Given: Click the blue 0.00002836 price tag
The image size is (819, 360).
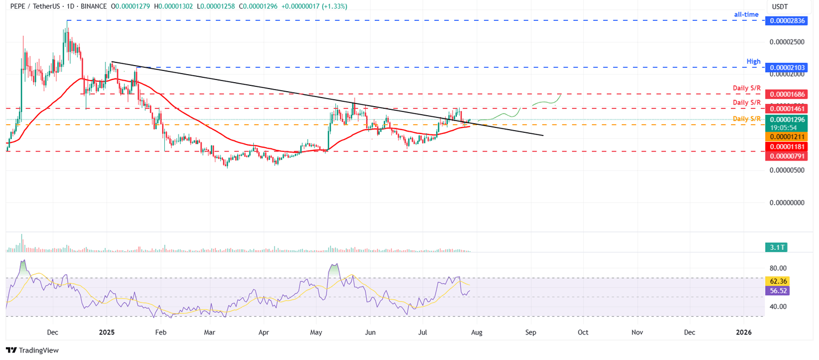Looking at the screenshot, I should tap(786, 21).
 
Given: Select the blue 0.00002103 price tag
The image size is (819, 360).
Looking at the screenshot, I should tap(786, 68).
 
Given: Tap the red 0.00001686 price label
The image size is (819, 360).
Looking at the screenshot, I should tap(786, 94).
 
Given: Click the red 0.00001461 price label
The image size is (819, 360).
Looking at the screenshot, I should tap(786, 108).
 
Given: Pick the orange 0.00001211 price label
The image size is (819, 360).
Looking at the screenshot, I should tap(786, 137).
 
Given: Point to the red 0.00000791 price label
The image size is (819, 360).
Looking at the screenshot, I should tap(786, 156).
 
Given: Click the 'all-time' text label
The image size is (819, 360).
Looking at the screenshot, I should tap(746, 14).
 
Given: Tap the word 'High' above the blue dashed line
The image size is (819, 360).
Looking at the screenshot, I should tap(753, 62).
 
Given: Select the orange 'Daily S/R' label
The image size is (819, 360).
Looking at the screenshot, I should tap(746, 118).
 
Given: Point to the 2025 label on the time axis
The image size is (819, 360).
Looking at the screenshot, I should tap(107, 332).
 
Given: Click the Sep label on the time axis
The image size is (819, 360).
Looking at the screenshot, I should tap(531, 332).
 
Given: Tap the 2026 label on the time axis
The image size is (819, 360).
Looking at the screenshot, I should tap(743, 332).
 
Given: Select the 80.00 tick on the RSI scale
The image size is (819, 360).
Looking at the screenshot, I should tap(780, 268).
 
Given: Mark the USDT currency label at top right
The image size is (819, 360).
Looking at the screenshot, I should tap(781, 6).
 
